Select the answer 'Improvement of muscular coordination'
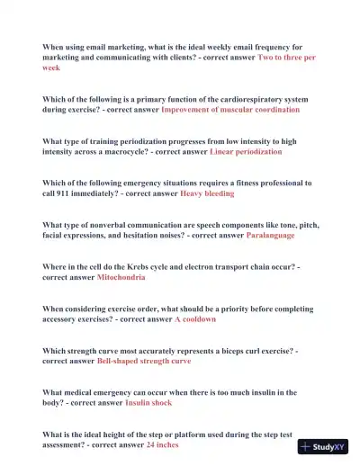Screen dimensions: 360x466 point(230,109)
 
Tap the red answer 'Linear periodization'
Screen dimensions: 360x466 point(246,152)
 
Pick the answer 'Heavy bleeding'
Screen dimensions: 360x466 point(207,193)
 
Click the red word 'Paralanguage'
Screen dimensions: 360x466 point(270,235)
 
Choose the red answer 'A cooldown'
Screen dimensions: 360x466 point(195,319)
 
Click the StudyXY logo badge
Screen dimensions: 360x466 point(324,447)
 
